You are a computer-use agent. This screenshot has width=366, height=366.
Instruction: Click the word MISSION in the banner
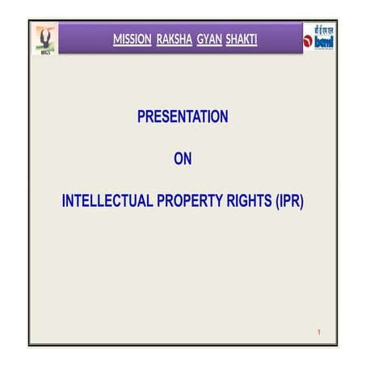coord(132,39)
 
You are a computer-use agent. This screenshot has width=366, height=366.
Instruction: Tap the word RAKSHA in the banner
coord(174,39)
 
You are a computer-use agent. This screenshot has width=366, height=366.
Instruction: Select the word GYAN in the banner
coord(208,39)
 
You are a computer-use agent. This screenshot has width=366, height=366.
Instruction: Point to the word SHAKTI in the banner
coord(242,39)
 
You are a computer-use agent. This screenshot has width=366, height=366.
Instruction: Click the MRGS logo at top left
coord(45,39)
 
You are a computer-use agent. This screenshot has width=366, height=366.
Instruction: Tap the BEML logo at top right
coord(320,40)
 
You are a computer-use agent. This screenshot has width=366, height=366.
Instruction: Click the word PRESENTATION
coord(183,117)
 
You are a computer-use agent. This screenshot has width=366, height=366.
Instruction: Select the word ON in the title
coord(183,159)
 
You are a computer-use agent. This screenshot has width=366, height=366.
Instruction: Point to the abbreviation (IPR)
coord(288,201)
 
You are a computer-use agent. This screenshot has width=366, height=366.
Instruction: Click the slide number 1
coord(320,333)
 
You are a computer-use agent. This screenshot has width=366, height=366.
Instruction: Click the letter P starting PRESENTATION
coord(142,117)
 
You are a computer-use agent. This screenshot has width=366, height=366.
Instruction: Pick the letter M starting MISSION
coord(118,39)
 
